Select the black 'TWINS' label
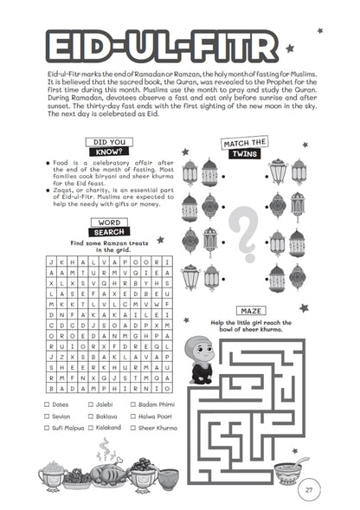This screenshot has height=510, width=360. (x=246, y=153)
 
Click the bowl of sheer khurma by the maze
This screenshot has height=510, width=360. (x=287, y=470)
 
